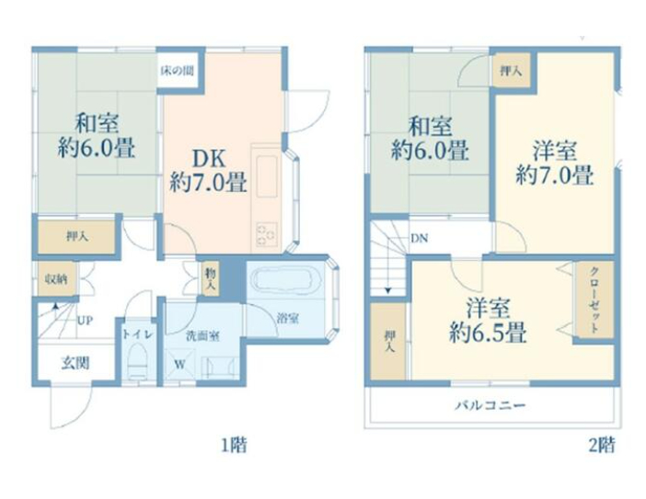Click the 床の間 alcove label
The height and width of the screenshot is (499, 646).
[x=178, y=71]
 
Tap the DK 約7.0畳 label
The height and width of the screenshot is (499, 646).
[x=209, y=170]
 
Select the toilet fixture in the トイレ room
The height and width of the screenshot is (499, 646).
[x=137, y=361]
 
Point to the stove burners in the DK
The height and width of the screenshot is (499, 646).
[x=267, y=234]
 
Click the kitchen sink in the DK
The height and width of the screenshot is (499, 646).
[x=267, y=176]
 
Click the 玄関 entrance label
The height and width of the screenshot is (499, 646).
[x=75, y=363]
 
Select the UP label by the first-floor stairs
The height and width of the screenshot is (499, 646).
[x=85, y=320]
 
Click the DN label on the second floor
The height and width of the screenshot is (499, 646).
[x=419, y=238]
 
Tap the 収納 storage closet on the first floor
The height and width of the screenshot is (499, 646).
[x=56, y=279]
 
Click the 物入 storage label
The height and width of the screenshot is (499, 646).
[x=211, y=279]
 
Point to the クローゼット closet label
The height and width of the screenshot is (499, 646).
[x=594, y=300]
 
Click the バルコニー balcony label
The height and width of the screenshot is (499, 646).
[x=490, y=405]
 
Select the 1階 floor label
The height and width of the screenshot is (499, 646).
[x=235, y=445]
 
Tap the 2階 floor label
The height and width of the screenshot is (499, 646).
[x=602, y=445]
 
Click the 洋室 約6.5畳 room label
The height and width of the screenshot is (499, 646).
[x=488, y=321]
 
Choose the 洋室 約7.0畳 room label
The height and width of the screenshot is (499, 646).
[x=555, y=163]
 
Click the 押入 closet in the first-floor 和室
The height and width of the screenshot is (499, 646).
[x=76, y=237]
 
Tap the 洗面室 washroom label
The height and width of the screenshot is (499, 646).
[x=202, y=336]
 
